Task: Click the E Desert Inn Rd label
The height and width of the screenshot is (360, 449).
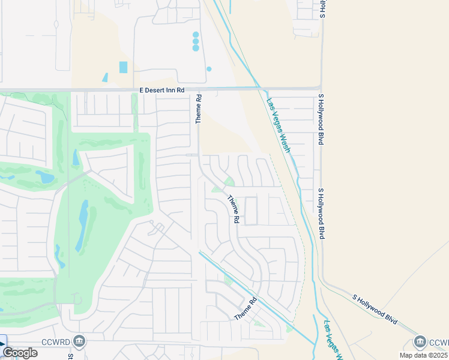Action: coord(162,89)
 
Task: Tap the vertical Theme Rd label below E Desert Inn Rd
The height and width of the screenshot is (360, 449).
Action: coord(199,109)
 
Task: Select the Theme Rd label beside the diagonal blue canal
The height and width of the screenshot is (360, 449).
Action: coord(246,308)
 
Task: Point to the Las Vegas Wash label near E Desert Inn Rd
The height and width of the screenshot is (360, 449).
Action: coord(279,125)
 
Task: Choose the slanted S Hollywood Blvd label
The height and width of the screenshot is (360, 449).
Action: coord(375,309)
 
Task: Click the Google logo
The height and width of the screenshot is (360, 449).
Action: coord(20,353)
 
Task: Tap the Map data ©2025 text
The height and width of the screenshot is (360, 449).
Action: coord(422,355)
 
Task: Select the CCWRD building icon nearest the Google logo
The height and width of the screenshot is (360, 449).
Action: coord(79,341)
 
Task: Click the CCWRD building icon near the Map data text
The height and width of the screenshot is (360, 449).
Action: coord(420,342)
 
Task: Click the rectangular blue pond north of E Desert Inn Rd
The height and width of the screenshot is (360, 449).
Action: coord(124,67)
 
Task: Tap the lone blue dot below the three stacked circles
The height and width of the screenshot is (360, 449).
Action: coord(209,69)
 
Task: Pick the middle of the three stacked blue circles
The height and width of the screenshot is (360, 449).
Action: coord(196,41)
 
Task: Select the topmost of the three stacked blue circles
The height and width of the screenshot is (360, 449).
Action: coord(196,34)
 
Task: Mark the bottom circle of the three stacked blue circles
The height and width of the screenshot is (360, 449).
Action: coord(196,48)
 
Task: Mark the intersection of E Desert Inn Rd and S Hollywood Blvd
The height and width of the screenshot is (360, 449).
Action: coord(321,88)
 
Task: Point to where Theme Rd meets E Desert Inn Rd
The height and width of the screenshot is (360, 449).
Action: coord(199,89)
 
